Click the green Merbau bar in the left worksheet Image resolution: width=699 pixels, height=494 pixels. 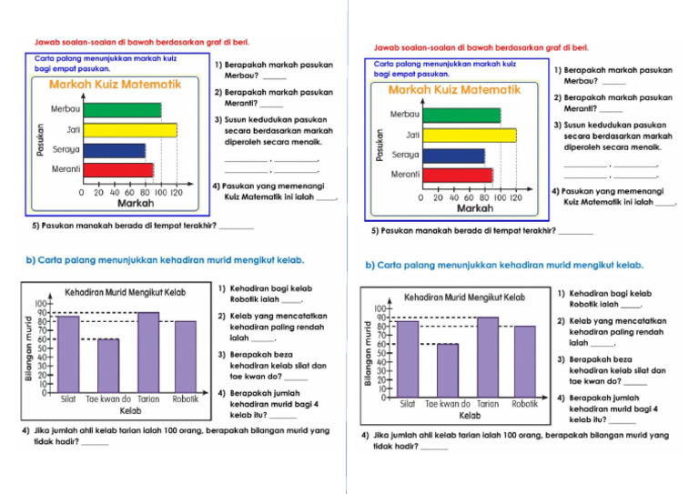click(122, 110)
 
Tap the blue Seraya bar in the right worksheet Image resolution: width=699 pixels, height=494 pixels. click(454, 156)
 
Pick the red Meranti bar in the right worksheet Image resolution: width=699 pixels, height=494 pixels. click(458, 175)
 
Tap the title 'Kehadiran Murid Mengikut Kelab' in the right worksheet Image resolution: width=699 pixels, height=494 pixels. click(464, 297)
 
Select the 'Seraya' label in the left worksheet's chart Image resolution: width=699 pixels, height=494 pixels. click(66, 149)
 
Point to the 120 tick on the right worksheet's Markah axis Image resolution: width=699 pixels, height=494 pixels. click(515, 197)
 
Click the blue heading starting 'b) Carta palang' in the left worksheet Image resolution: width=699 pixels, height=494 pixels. click(165, 259)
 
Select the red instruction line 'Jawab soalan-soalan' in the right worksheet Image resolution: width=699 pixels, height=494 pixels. click(481, 46)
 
